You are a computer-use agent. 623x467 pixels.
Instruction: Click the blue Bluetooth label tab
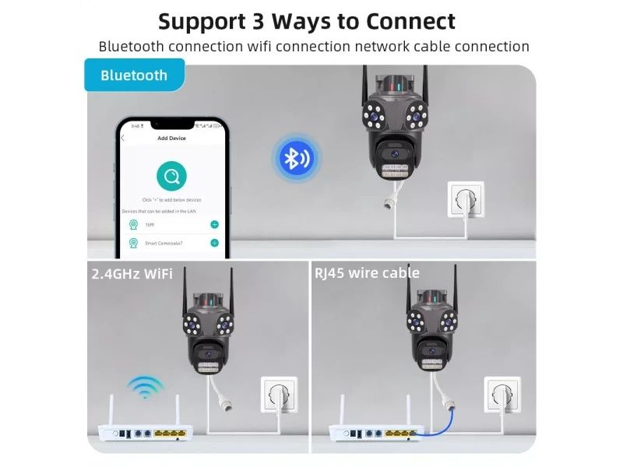134,75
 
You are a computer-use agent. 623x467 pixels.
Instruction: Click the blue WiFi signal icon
146,387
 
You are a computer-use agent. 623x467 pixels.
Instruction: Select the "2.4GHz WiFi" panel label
132,273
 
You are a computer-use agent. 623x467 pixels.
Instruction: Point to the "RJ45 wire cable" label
367,272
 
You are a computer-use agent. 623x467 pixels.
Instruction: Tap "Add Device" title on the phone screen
171,138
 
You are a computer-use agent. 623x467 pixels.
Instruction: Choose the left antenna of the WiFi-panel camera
185,292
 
